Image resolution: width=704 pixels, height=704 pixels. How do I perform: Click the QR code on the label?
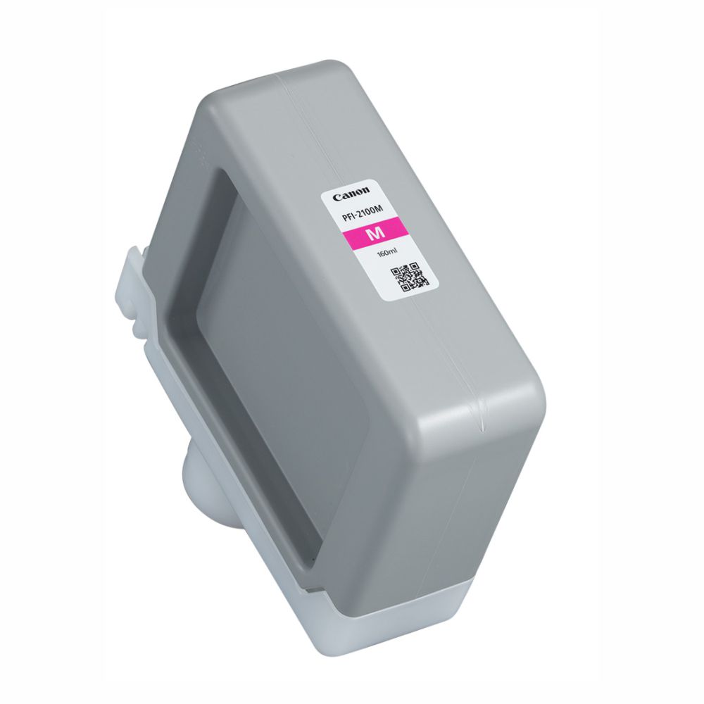408,277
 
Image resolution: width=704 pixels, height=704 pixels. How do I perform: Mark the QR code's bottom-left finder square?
403,287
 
